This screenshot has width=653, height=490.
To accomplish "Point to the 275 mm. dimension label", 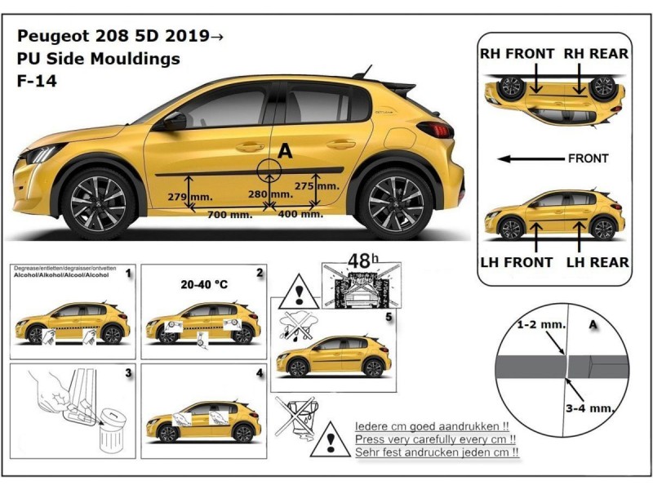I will [x=316, y=185].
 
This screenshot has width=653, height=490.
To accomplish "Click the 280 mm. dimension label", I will [x=270, y=194].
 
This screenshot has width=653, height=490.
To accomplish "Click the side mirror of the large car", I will [x=174, y=122].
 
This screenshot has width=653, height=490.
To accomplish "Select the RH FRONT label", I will [x=518, y=54].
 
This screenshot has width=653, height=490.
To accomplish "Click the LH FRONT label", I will [x=518, y=262].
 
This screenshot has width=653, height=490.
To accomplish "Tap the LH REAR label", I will [x=597, y=262].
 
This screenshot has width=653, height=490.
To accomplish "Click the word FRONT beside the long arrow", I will [x=588, y=158].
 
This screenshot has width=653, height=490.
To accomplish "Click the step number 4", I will [x=259, y=373].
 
